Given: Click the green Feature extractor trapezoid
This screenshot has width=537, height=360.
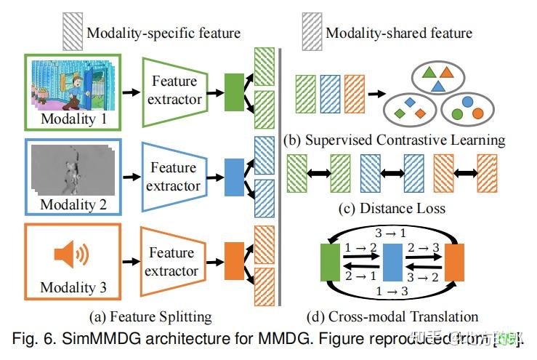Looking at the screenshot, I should [x=174, y=90].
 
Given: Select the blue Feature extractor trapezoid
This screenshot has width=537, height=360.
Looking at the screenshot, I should [x=174, y=176].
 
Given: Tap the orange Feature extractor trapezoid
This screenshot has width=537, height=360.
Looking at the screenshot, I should [x=174, y=262].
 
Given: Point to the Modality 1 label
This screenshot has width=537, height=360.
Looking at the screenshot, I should [x=73, y=118].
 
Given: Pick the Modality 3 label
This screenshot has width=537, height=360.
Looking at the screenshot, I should [x=73, y=288].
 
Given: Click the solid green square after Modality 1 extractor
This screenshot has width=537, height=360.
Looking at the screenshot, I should [x=234, y=91].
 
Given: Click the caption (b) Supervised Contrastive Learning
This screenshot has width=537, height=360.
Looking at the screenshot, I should [x=394, y=139].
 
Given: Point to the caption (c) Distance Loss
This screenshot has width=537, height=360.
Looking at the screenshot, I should [x=392, y=209].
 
